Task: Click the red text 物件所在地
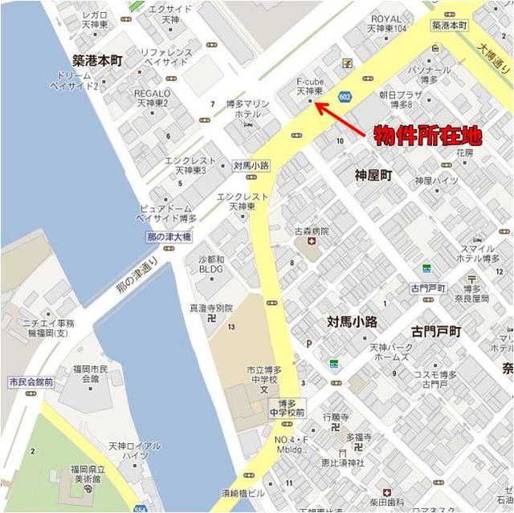tap(428, 136)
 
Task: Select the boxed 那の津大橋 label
tap(169, 237)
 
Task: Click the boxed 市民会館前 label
tap(31, 382)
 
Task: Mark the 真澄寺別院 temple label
tap(210, 307)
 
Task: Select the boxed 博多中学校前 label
tap(287, 407)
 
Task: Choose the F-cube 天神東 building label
tap(309, 87)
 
